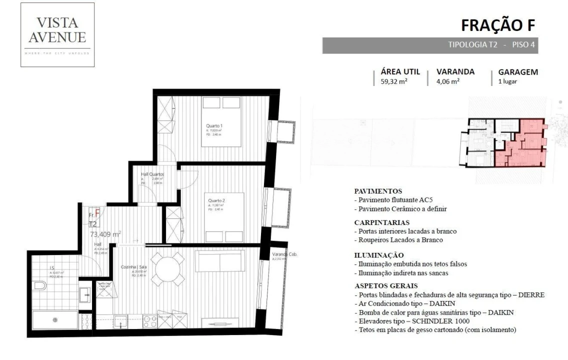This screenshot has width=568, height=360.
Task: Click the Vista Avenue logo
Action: click(57, 35)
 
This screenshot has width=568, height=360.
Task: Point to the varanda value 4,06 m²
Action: click(448, 82)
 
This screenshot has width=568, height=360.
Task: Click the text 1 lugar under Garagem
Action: click(507, 82)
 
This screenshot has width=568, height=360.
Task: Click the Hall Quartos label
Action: click(152, 174)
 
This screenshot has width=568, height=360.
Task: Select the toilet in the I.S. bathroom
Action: click(39, 286)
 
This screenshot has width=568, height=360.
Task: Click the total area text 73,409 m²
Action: click(105, 233)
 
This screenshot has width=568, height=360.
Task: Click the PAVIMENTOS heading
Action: click(377, 191)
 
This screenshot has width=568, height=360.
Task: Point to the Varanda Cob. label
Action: click(284, 254)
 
